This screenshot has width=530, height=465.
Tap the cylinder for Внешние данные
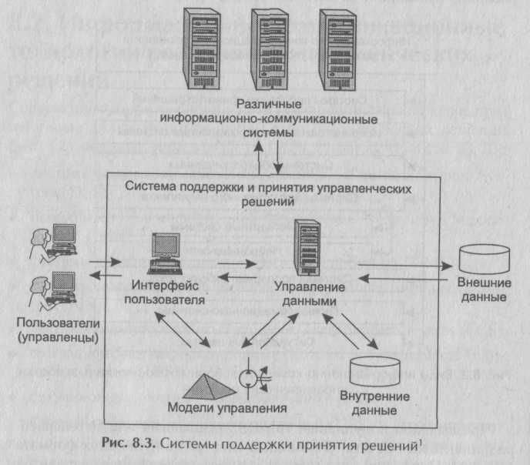click(483, 260)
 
